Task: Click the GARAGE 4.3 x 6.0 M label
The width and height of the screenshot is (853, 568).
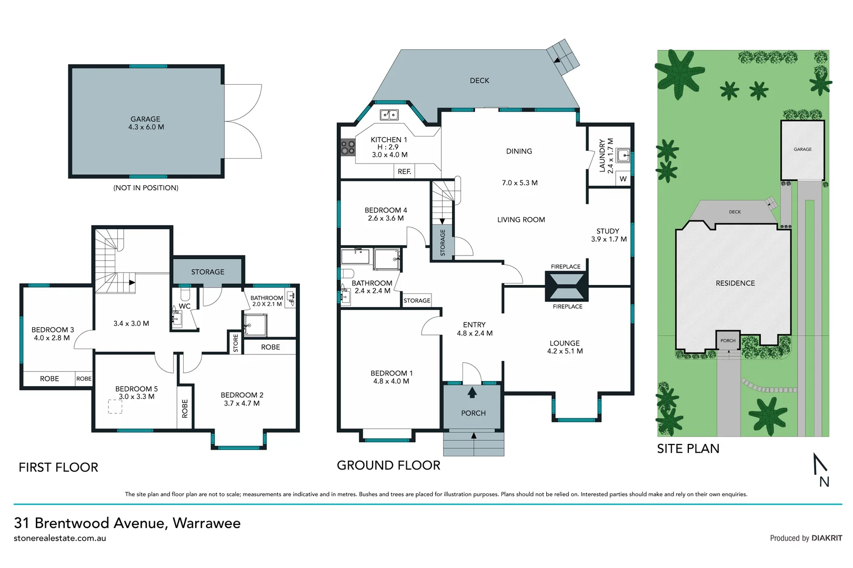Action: point(146,123)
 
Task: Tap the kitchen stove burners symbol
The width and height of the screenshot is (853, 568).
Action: point(348,147)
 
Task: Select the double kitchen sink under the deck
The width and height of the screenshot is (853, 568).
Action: point(389,114)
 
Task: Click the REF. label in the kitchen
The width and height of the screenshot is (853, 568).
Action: point(404,171)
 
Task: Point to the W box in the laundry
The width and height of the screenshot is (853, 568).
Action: point(623,179)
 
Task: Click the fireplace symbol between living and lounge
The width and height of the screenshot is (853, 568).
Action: point(566,287)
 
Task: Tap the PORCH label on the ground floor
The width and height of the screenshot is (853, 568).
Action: point(473,413)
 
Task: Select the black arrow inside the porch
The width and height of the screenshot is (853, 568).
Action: point(472,392)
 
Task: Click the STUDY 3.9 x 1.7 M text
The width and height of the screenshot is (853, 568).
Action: point(608,235)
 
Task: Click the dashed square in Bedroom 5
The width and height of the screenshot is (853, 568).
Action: point(115,407)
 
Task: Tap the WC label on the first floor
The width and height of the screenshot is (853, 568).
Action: point(185,306)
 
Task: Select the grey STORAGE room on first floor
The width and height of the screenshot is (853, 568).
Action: point(207,271)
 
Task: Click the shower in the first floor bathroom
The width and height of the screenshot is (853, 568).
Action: point(255,325)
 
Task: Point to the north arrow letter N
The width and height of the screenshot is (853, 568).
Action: point(824,481)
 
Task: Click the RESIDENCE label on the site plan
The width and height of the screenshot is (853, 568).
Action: point(735,283)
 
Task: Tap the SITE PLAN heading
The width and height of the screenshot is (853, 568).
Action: point(688,449)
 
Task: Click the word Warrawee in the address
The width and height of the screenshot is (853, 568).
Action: point(206,523)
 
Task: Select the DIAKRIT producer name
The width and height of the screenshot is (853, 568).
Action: point(827,538)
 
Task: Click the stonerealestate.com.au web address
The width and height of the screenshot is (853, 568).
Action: point(60,539)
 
